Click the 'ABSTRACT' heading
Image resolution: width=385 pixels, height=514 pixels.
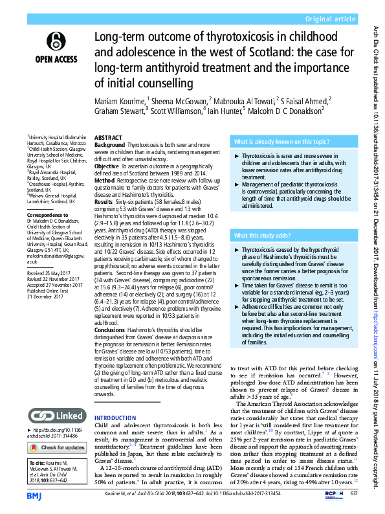(x=109, y=139)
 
